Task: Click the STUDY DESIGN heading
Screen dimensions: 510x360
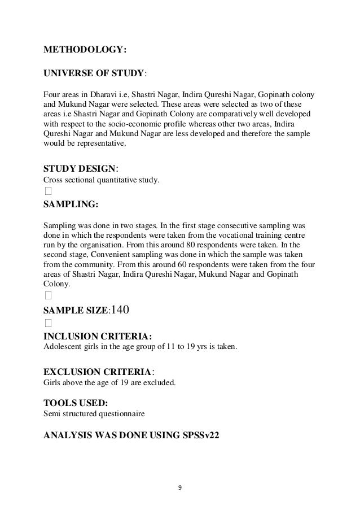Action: point(80,169)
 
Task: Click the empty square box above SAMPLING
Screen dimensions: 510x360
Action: point(48,191)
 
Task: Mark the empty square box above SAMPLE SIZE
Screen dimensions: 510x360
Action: point(48,295)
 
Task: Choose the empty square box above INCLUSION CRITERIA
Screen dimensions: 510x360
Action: point(48,324)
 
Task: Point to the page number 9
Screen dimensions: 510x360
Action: point(180,487)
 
